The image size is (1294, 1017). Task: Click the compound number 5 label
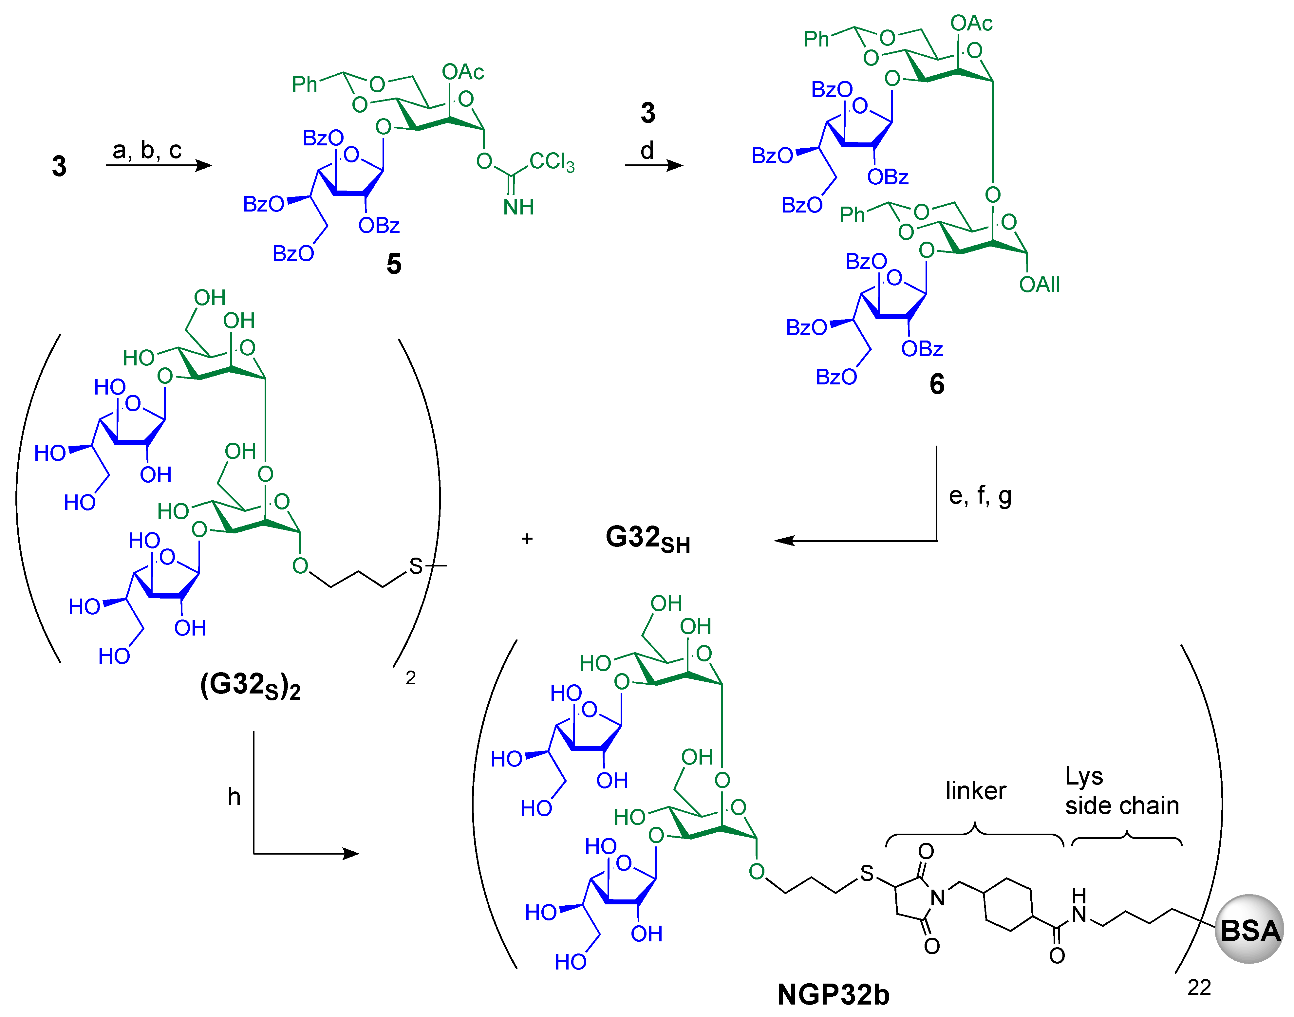point(394,264)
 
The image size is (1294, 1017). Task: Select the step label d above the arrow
point(647,150)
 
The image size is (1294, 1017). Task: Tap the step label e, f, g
point(980,495)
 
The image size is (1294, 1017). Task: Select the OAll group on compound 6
point(1039,285)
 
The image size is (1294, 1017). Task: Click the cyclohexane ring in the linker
point(1008,904)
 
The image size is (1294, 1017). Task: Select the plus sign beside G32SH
point(526,539)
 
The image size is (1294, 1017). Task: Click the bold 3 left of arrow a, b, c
point(59,166)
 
